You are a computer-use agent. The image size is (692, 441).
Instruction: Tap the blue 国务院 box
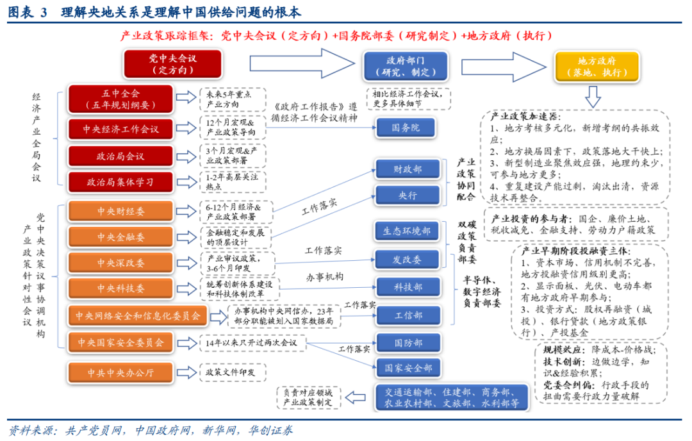point(406,128)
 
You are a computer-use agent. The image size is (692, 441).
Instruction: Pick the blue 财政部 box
point(408,169)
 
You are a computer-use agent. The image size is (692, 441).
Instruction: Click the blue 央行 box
point(408,196)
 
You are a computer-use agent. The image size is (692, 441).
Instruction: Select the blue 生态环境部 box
point(408,231)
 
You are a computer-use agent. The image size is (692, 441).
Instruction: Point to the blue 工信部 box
point(408,315)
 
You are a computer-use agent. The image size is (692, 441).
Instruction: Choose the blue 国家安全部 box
point(408,368)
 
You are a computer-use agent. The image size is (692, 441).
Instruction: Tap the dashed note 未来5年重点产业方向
point(231,98)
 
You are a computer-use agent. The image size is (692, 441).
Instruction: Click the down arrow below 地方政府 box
point(593,97)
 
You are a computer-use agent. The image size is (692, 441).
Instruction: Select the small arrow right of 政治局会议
point(185,156)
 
